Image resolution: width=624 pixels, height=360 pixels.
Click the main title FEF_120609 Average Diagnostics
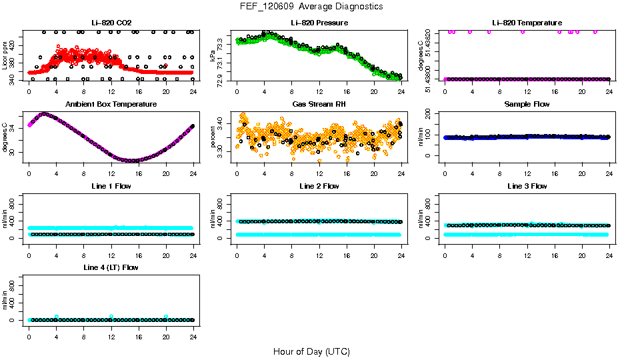pyautogui.click(x=312, y=7)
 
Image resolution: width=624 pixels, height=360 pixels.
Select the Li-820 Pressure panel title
pyautogui.click(x=319, y=23)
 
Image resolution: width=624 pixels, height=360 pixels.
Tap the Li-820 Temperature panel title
pyautogui.click(x=527, y=23)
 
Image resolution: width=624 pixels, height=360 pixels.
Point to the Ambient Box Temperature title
pyautogui.click(x=111, y=105)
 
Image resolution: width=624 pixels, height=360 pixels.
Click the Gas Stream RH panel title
pyautogui.click(x=319, y=105)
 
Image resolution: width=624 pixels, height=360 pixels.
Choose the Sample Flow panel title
pyautogui.click(x=527, y=105)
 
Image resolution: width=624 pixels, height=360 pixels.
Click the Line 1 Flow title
pyautogui.click(x=111, y=186)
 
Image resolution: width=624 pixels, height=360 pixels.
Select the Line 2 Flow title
pyautogui.click(x=319, y=186)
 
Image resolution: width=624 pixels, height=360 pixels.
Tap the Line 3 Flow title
pyautogui.click(x=527, y=186)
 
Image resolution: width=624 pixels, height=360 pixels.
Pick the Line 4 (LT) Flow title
pyautogui.click(x=111, y=267)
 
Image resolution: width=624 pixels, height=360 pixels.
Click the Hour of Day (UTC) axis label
pyautogui.click(x=311, y=351)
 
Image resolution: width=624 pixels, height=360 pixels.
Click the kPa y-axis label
pyautogui.click(x=213, y=56)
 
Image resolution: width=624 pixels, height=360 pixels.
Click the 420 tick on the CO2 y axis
pyautogui.click(x=14, y=45)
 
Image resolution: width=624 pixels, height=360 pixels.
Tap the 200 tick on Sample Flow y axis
pyautogui.click(x=430, y=115)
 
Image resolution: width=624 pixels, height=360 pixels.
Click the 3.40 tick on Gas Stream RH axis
pyautogui.click(x=222, y=124)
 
